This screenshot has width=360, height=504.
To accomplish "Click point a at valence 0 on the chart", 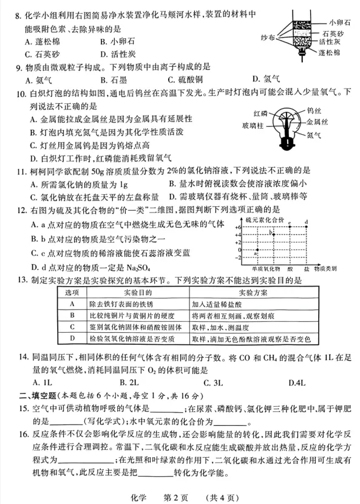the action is click(257, 250).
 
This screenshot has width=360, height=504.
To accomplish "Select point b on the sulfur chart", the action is click(273, 234).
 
